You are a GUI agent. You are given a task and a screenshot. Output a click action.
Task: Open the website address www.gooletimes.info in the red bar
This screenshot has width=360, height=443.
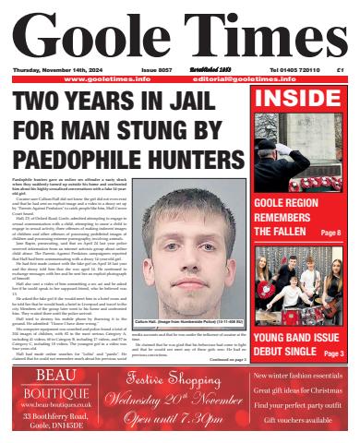pyautogui.click(x=109, y=79)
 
